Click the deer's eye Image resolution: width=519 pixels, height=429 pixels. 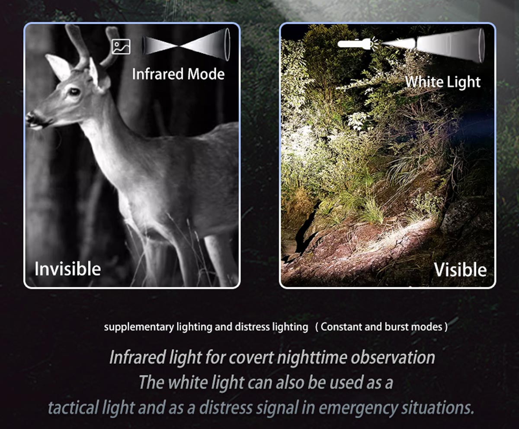tap(74, 92)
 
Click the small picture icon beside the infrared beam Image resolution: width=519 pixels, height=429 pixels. tap(121, 46)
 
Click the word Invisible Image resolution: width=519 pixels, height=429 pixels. tap(67, 269)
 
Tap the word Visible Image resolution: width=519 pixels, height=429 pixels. tap(460, 270)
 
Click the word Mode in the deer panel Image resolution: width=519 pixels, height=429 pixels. tap(206, 74)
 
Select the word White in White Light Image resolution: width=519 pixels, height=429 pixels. tap(423, 82)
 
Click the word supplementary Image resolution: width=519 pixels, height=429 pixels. tap(139, 327)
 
